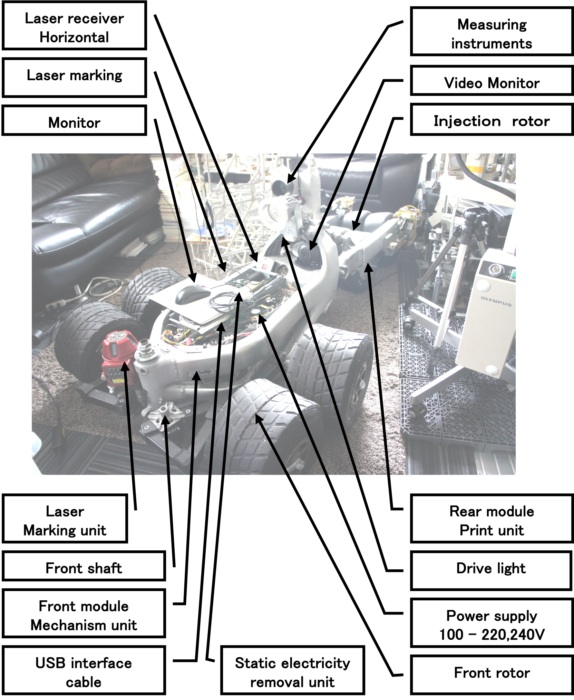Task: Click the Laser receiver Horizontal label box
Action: [74, 26]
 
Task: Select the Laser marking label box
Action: [74, 78]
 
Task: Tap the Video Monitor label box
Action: [492, 81]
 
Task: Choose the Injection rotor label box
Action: [492, 119]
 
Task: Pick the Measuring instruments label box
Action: [492, 31]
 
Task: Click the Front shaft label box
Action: [84, 566]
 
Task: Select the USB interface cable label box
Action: [84, 670]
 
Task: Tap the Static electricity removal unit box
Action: [292, 670]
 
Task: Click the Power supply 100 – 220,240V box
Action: [492, 623]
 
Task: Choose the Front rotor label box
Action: [492, 674]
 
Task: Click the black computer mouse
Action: [193, 295]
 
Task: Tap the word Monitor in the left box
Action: [74, 123]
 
